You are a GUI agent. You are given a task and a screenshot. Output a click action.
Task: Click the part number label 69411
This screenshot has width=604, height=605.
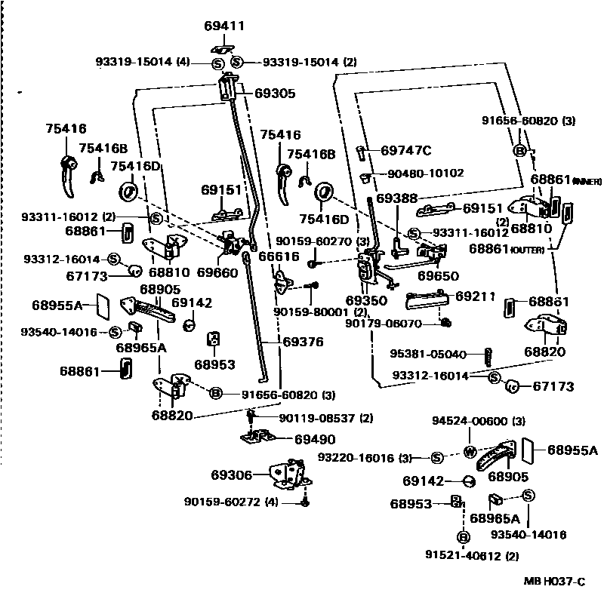225,26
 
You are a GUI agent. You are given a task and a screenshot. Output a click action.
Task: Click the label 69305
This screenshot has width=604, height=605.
275,94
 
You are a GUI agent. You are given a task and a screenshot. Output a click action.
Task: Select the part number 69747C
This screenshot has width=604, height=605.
406,150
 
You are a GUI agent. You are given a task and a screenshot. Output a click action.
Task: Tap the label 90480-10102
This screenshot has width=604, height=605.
426,173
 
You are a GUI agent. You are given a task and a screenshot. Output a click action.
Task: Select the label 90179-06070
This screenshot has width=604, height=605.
393,323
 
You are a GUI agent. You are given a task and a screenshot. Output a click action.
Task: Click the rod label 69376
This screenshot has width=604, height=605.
303,342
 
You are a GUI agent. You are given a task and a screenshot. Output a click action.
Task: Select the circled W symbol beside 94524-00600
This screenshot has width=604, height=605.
468,453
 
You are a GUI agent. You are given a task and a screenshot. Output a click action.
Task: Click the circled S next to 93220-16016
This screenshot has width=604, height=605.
437,458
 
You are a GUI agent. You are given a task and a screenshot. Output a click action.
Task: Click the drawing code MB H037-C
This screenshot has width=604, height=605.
555,581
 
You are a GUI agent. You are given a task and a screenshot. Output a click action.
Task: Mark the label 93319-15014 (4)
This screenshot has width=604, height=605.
143,62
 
